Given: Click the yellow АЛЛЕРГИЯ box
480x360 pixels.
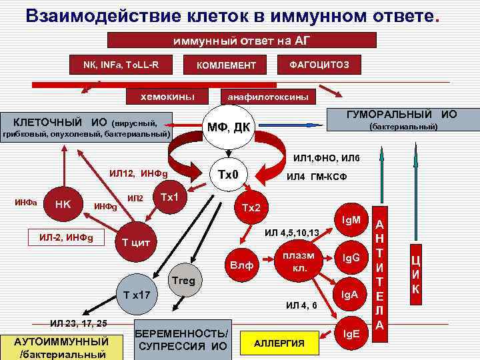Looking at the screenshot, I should point(279,343).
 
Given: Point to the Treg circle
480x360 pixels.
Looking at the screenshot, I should point(183,281).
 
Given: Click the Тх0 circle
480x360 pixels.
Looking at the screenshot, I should point(229,175).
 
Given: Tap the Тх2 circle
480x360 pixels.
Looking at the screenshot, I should point(250,208).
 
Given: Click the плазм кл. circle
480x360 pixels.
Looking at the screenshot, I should point(294,262).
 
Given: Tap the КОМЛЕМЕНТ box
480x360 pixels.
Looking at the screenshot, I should point(225,65).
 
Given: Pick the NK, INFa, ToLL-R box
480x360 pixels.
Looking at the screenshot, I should point(121,64).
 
